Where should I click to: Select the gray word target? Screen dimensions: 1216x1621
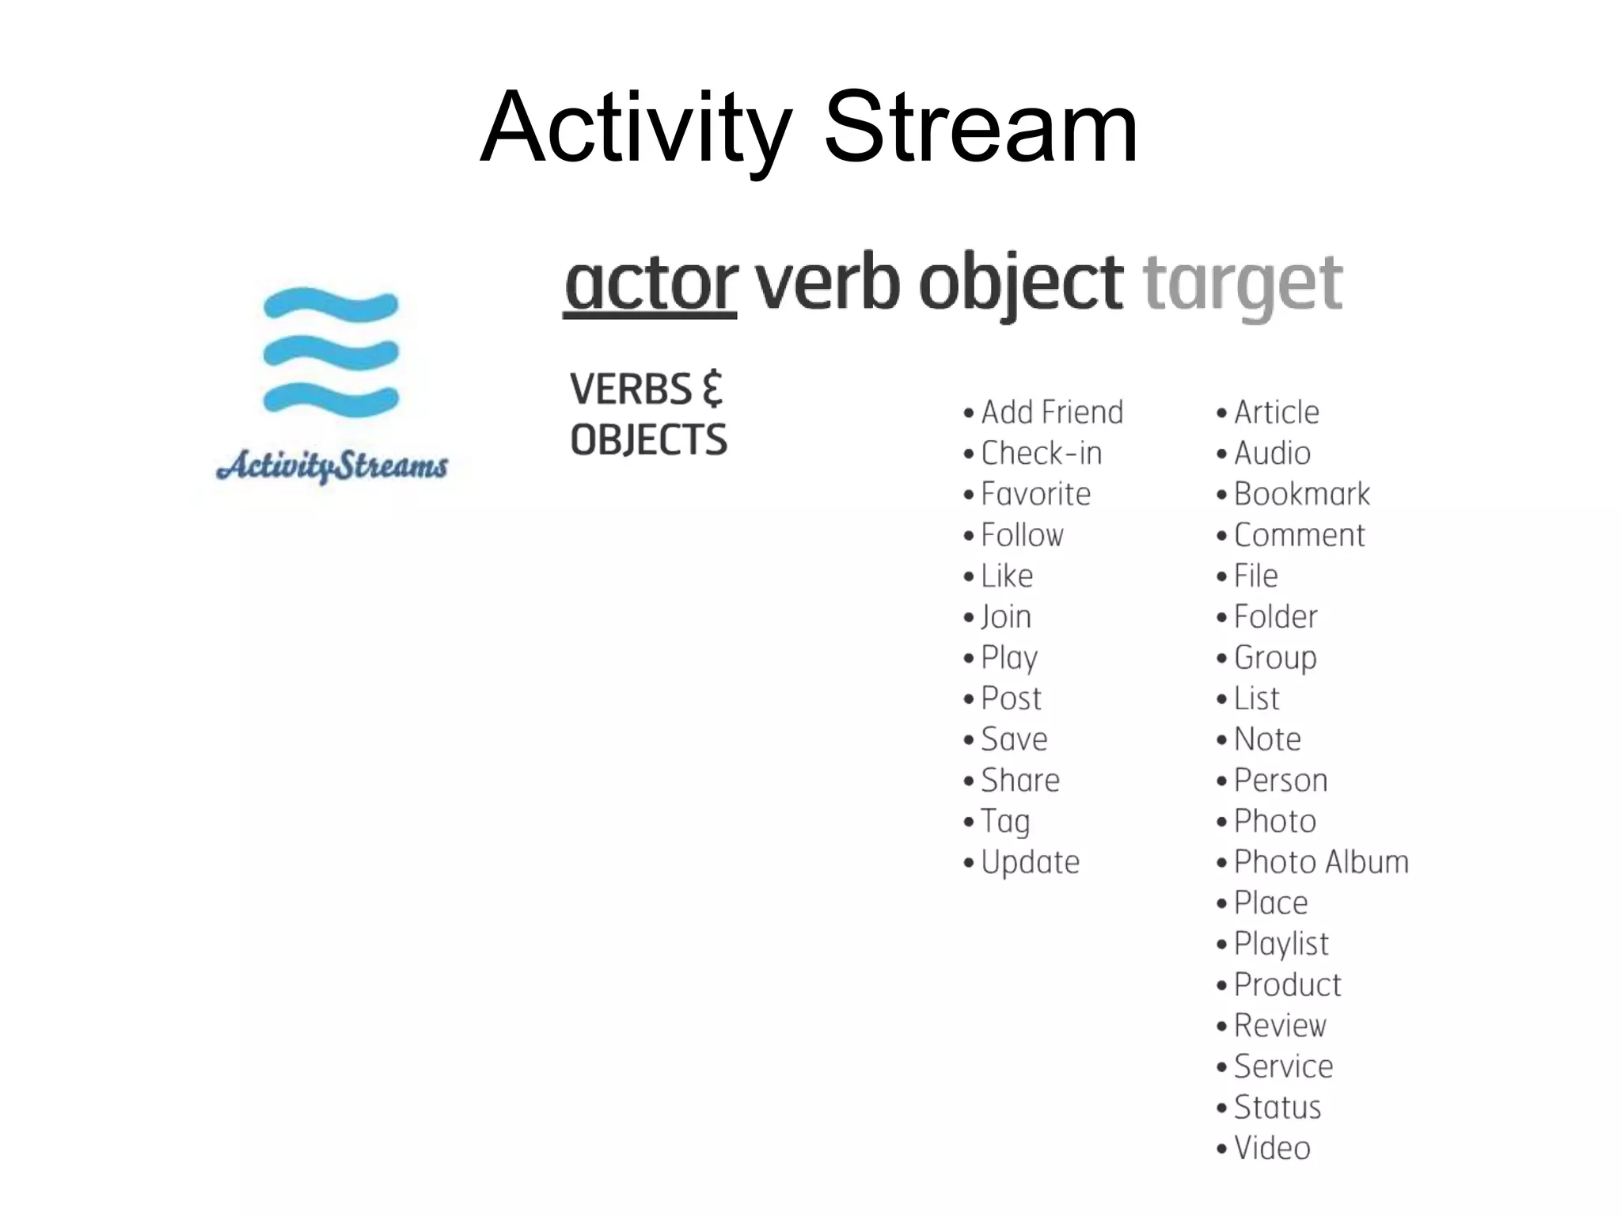click(x=1243, y=285)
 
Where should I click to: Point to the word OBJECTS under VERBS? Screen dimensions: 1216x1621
click(x=648, y=440)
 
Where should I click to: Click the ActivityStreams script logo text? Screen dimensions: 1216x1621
click(x=332, y=465)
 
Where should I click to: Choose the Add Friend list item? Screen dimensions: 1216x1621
click(x=1052, y=412)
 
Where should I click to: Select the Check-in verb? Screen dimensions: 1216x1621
click(x=1041, y=454)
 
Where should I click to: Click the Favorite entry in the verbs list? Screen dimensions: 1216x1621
click(x=1035, y=494)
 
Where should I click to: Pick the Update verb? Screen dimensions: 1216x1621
click(x=1030, y=862)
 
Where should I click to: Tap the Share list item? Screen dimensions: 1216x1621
click(x=1019, y=781)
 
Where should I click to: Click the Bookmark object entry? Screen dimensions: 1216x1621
click(x=1301, y=494)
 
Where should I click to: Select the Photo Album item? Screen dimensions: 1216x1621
click(x=1321, y=862)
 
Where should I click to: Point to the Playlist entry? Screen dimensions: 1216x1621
click(x=1281, y=944)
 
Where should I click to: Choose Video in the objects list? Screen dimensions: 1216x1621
click(x=1272, y=1148)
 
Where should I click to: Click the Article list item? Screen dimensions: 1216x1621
click(x=1276, y=412)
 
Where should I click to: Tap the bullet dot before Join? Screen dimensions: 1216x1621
click(x=968, y=617)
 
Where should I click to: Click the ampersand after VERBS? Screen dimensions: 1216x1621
click(x=712, y=389)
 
